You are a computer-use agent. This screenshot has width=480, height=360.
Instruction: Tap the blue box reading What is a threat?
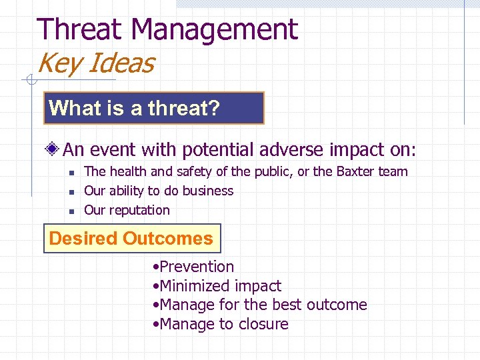pos(154,108)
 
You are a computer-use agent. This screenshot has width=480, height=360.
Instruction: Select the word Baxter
pos(353,171)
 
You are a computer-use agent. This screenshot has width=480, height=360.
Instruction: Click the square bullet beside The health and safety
pos(70,172)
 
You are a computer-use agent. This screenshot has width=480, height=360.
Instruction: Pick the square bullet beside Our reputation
pos(70,211)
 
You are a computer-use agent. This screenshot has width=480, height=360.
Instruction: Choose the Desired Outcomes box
pos(131,239)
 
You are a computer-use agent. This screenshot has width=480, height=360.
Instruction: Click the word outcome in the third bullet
pos(337,305)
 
